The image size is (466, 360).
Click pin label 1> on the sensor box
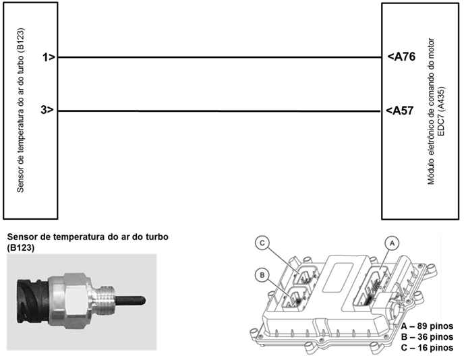[48, 58]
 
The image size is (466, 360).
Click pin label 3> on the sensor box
[48, 111]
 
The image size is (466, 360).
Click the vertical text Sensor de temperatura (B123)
[21, 110]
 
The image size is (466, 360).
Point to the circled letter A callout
[388, 241]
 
